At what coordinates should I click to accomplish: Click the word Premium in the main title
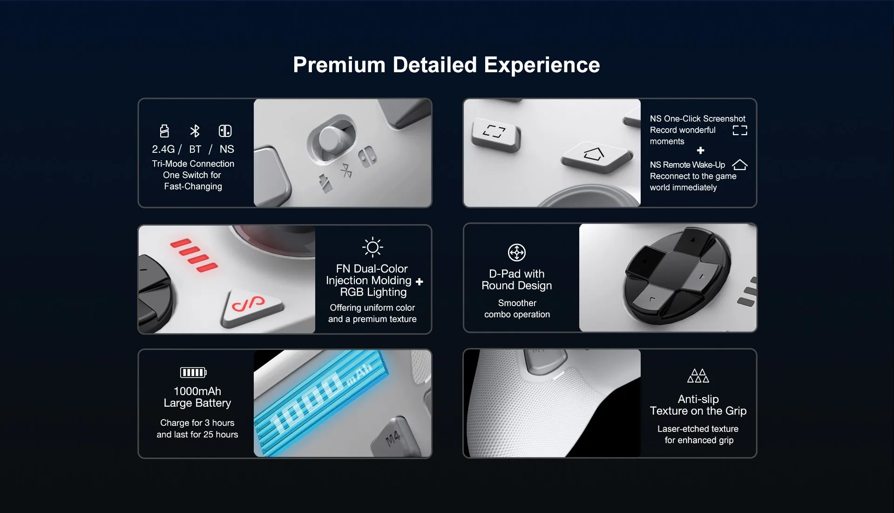(x=339, y=65)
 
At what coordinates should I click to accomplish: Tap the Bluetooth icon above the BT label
(x=195, y=131)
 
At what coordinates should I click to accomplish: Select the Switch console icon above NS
(x=225, y=131)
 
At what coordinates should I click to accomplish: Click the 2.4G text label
(x=163, y=149)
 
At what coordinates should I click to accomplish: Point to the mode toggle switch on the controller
(x=331, y=137)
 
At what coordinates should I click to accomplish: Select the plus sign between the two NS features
(x=700, y=150)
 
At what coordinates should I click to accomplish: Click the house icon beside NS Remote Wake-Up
(x=740, y=165)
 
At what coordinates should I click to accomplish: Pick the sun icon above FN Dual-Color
(x=372, y=247)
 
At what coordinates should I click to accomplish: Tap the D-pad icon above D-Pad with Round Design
(x=517, y=253)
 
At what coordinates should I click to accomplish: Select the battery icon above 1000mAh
(x=193, y=372)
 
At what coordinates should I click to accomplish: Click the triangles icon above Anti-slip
(x=698, y=376)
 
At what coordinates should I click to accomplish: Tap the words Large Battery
(x=197, y=403)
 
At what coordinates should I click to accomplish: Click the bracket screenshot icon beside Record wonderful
(x=740, y=130)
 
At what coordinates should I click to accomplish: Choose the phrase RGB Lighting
(x=373, y=292)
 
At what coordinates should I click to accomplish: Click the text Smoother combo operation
(x=517, y=308)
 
